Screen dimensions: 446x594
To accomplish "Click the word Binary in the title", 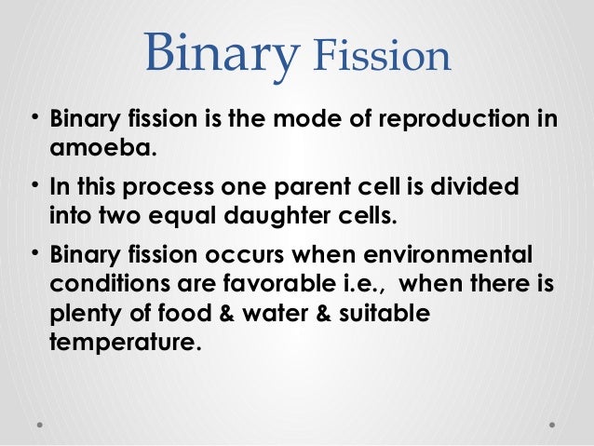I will pos(221,57).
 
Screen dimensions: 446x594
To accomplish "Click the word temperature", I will pos(123,344).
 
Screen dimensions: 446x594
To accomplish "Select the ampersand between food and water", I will pos(232,314).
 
